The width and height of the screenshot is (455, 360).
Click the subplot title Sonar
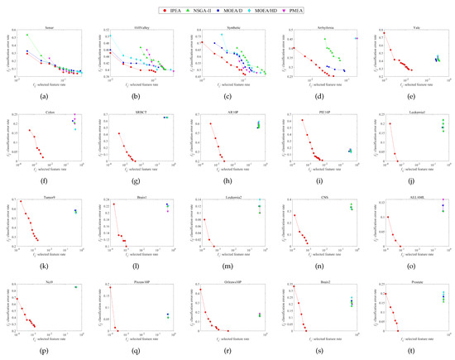(54, 27)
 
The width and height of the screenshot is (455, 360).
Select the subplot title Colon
(54, 110)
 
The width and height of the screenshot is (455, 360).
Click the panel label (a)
(54, 97)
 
